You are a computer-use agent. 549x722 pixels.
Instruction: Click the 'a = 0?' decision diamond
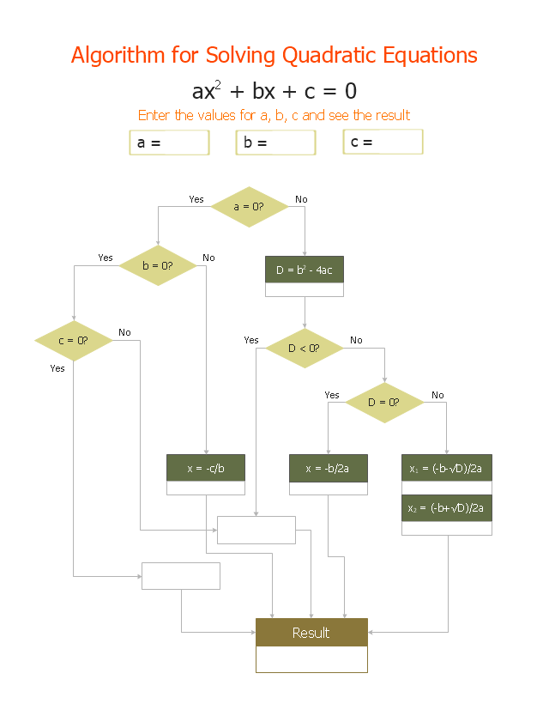click(249, 207)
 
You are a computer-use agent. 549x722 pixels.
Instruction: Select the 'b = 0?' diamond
click(158, 265)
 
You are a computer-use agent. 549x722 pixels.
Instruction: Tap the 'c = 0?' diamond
click(74, 341)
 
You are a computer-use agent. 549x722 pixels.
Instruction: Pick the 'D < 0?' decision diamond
click(305, 348)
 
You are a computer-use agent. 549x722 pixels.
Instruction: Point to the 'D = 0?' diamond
click(384, 403)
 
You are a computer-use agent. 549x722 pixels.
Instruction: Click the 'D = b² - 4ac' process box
click(305, 270)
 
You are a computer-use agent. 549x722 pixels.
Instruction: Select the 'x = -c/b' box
click(206, 468)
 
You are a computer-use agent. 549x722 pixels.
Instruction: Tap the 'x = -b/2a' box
click(329, 468)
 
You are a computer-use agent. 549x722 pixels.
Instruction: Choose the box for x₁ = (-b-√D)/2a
click(447, 468)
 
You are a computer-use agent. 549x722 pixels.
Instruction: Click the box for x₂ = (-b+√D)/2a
click(447, 508)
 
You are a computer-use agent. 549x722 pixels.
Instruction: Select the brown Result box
click(311, 633)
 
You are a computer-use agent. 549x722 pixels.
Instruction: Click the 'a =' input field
click(169, 143)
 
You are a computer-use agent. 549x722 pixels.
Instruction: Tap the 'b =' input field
click(275, 143)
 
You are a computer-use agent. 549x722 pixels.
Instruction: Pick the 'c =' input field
click(383, 142)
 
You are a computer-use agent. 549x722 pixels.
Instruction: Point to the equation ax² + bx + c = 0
click(274, 91)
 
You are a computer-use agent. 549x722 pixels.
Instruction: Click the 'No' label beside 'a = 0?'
click(301, 200)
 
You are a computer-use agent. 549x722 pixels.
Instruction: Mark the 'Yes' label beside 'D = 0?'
click(332, 396)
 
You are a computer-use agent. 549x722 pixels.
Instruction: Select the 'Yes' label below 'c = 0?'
click(57, 368)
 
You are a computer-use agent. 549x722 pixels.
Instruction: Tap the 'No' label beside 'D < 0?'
click(356, 341)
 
